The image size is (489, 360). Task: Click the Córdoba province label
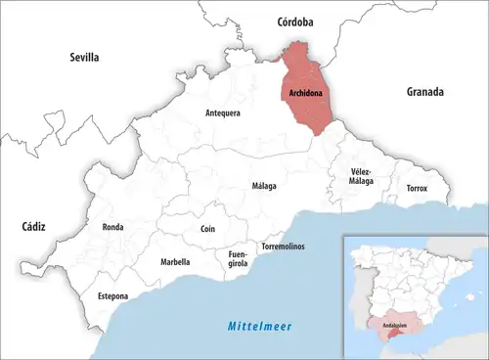pyautogui.click(x=295, y=21)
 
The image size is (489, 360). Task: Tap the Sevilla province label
pyautogui.click(x=84, y=58)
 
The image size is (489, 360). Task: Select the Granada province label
pyautogui.click(x=425, y=92)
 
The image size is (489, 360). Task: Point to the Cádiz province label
pyautogui.click(x=33, y=226)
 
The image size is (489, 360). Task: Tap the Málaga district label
pyautogui.click(x=264, y=186)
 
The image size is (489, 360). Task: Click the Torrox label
pyautogui.click(x=417, y=188)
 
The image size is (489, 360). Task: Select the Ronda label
pyautogui.click(x=112, y=227)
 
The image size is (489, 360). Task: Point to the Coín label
pyautogui.click(x=207, y=228)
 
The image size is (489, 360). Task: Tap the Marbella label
pyautogui.click(x=175, y=262)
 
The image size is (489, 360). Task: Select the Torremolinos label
pyautogui.click(x=283, y=247)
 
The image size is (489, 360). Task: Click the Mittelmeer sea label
pyautogui.click(x=260, y=326)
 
